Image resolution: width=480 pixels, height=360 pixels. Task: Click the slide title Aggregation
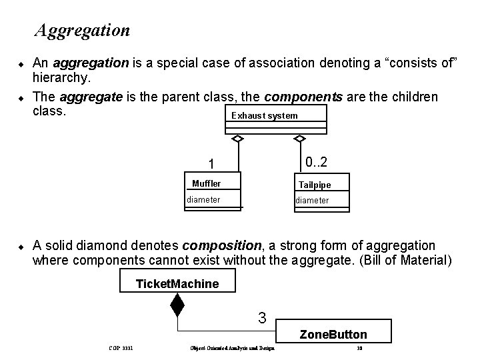click(83, 30)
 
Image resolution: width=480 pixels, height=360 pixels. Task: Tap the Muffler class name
click(206, 183)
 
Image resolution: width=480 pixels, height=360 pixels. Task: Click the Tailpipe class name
click(315, 185)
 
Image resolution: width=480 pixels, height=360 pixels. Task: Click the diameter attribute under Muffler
click(203, 199)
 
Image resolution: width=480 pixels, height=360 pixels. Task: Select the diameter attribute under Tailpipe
click(313, 200)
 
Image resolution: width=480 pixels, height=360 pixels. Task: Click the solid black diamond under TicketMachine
click(177, 305)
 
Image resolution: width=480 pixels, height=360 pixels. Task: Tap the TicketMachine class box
click(177, 283)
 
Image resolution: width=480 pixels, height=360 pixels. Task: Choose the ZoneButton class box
click(333, 334)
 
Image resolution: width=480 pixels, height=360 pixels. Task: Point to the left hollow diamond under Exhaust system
click(237, 139)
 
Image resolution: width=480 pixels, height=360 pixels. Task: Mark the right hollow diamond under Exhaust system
click(300, 139)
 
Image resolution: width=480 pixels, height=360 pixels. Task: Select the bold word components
click(303, 97)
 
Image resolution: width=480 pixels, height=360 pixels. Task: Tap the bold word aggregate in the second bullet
click(91, 97)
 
